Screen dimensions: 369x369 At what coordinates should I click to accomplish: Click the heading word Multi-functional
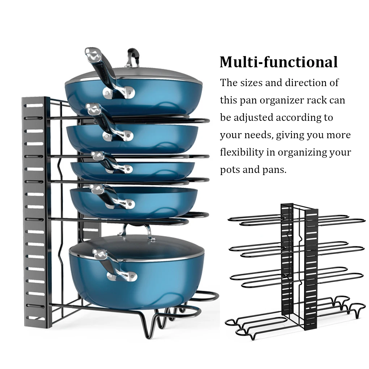(x=279, y=62)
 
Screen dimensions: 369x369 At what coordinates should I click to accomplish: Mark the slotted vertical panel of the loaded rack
(x=36, y=212)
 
